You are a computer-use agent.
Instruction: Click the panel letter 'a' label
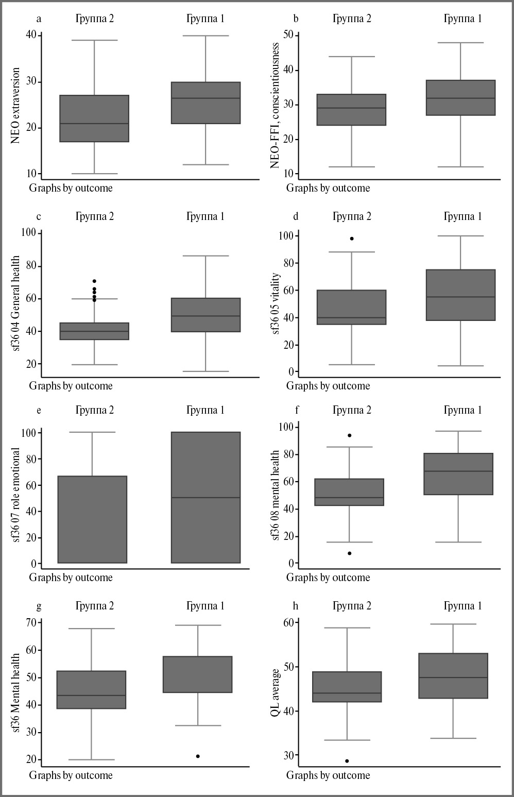(39, 20)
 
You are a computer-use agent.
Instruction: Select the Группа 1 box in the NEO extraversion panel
(205, 103)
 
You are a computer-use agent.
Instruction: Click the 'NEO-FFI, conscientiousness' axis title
(275, 105)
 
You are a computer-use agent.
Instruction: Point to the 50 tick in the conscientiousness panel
(288, 35)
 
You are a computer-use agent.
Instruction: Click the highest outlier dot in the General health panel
(94, 281)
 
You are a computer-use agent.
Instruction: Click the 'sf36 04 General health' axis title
(15, 303)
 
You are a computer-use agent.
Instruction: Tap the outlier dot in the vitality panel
(352, 239)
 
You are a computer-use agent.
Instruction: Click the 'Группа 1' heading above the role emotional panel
(205, 411)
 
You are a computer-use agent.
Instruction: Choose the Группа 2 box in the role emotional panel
(92, 519)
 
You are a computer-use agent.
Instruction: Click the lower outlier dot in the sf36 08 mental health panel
(349, 553)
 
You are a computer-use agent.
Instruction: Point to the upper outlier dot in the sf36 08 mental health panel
(349, 435)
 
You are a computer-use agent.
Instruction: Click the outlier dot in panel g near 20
(198, 756)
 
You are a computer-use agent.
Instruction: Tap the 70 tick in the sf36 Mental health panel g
(30, 622)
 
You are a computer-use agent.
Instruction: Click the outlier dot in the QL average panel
(347, 761)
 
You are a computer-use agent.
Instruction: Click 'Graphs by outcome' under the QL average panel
(328, 775)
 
